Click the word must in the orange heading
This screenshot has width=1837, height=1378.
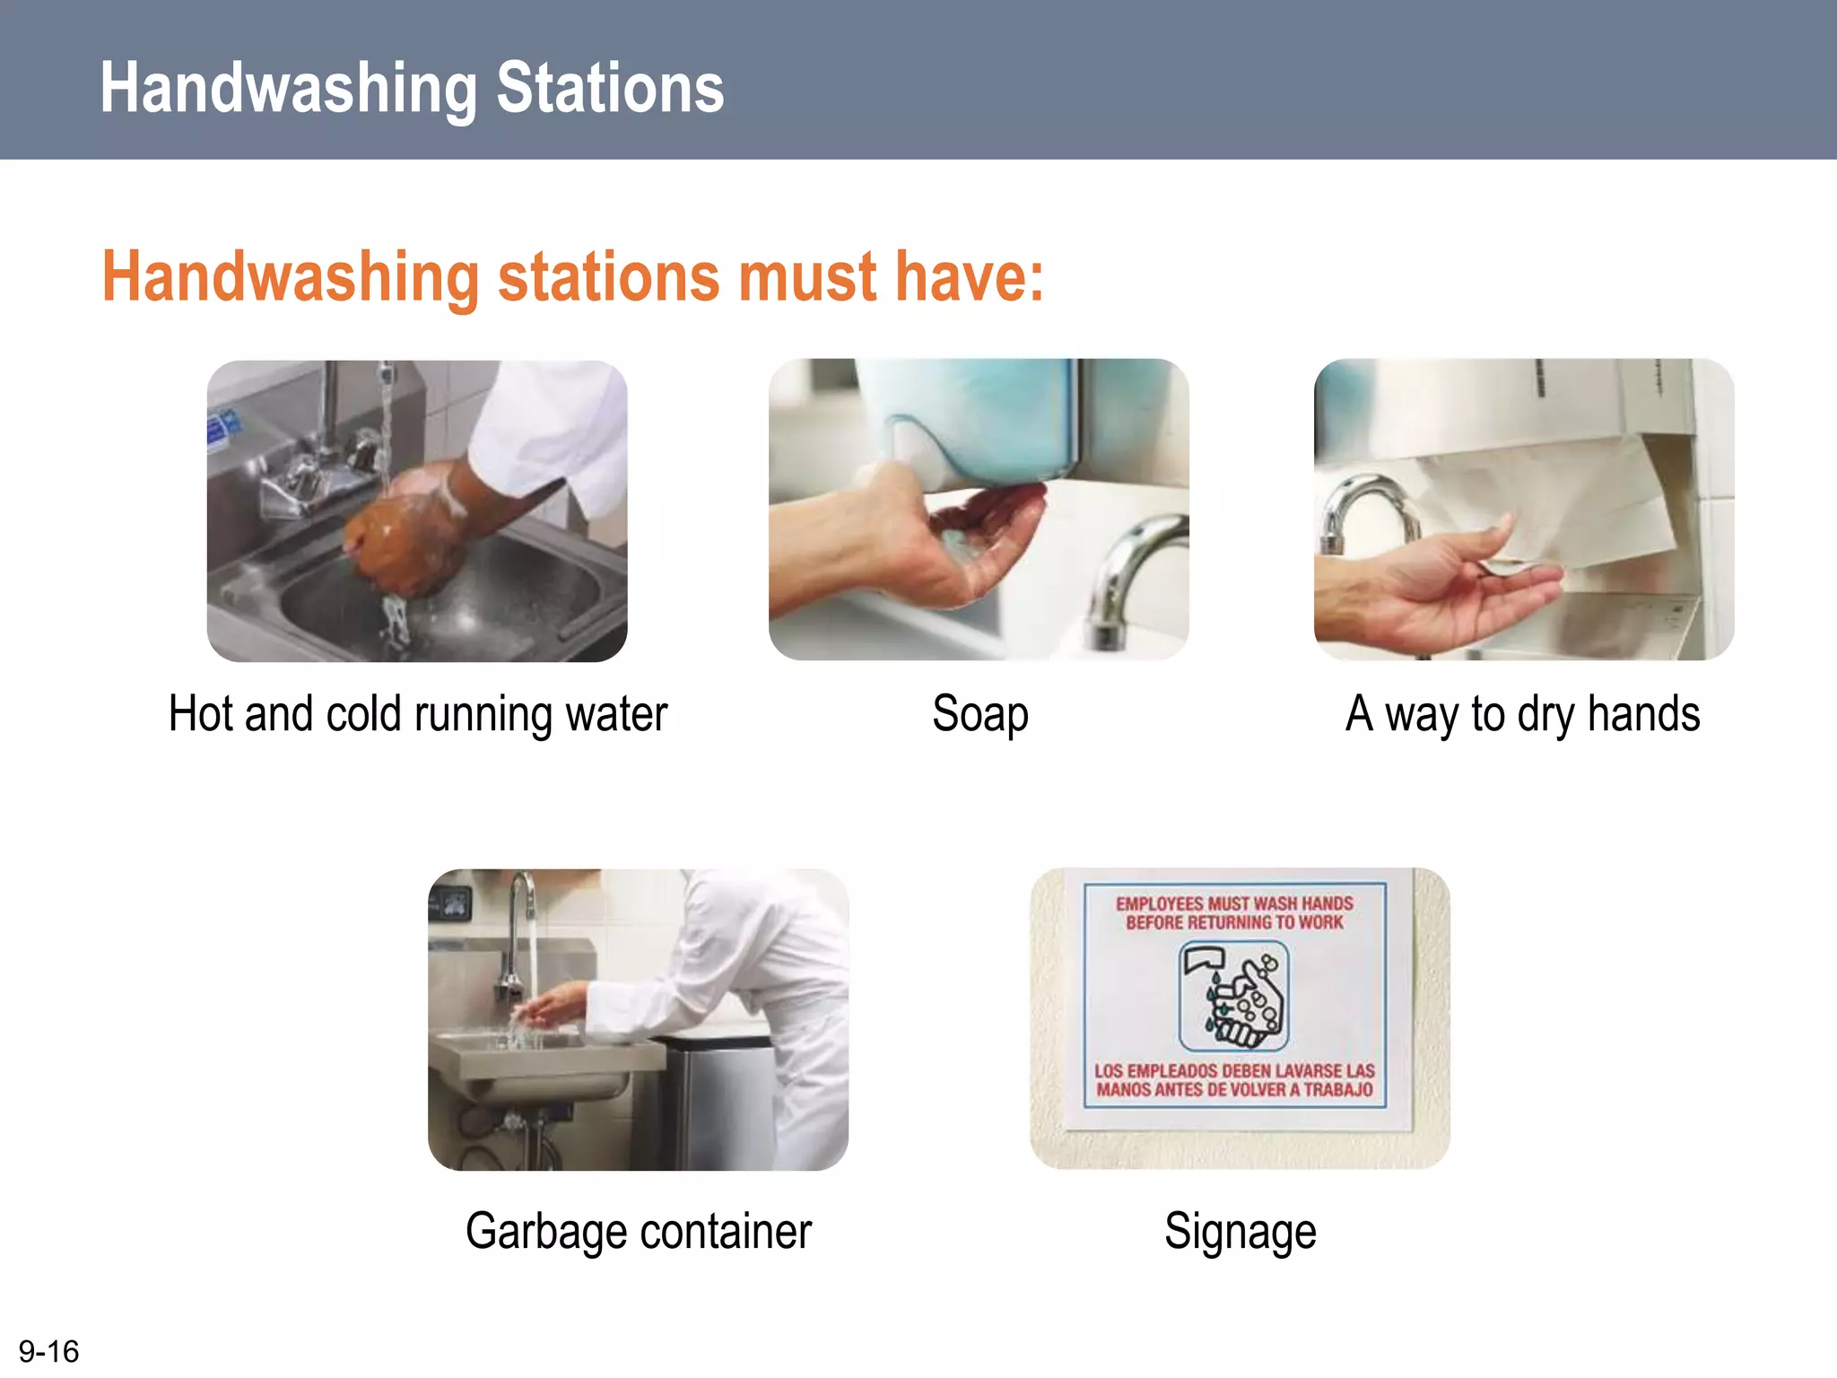[x=813, y=276]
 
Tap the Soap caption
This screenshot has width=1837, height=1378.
[x=979, y=715]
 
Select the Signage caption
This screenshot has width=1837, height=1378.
[x=1240, y=1231]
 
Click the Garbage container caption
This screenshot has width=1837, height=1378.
[x=638, y=1231]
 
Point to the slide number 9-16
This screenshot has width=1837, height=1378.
[x=48, y=1351]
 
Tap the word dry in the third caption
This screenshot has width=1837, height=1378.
[x=1546, y=715]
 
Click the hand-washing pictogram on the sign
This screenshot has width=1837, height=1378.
[x=1234, y=996]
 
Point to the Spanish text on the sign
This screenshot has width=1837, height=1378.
[x=1234, y=1080]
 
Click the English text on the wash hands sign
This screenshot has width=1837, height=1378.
[x=1234, y=912]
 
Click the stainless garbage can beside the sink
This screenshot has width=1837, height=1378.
[x=718, y=1103]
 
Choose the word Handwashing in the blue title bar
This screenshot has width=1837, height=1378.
[x=288, y=88]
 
